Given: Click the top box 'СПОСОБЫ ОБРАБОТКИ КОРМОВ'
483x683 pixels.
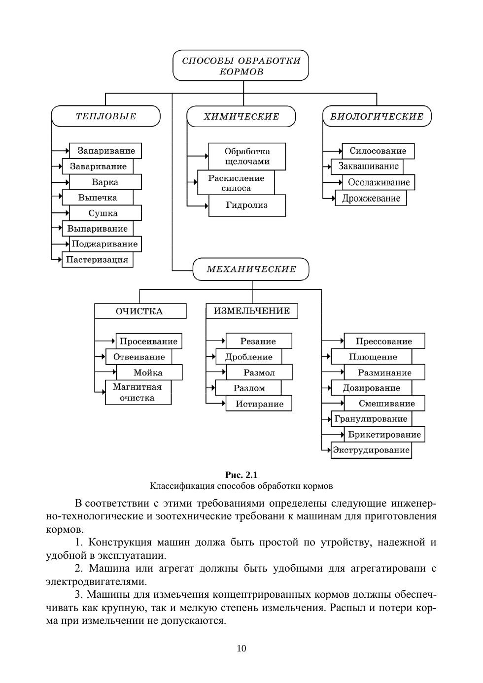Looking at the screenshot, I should click(x=241, y=66).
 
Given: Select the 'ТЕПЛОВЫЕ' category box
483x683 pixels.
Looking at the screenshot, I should click(x=106, y=117).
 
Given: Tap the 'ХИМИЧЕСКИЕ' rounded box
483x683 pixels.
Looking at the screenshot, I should click(x=241, y=117).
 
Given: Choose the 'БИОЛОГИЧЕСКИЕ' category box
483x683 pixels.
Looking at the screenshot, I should click(x=377, y=117).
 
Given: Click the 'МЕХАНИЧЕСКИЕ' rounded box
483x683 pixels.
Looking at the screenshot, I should click(x=251, y=270).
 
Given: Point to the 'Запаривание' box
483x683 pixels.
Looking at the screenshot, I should click(x=105, y=151).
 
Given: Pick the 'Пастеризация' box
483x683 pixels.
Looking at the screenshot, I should click(x=97, y=260).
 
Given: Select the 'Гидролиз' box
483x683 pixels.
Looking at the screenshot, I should click(x=247, y=205).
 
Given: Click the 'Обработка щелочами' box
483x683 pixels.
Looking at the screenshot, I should click(x=247, y=156).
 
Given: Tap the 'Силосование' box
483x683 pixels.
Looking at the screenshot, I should click(x=378, y=151).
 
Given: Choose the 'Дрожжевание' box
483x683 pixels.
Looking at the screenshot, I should click(x=371, y=198).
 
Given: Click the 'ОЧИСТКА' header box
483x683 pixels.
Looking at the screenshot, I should click(x=140, y=311).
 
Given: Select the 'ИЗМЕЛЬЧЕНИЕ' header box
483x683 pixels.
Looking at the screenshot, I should click(x=252, y=311).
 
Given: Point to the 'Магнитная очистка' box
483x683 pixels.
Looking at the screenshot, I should click(x=138, y=393).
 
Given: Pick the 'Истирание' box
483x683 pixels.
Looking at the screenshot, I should click(x=259, y=404).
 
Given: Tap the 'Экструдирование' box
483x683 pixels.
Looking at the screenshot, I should click(x=371, y=450).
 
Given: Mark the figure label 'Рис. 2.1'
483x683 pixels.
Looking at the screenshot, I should click(x=241, y=475).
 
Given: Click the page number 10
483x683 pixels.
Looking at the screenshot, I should click(x=241, y=649).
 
